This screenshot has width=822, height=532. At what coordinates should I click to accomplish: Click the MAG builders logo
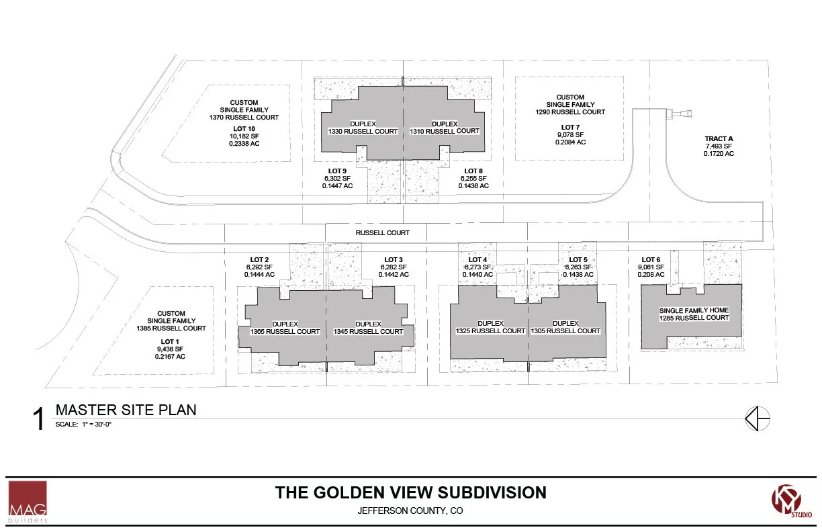click(28, 502)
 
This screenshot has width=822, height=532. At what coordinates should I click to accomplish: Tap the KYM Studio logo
click(791, 501)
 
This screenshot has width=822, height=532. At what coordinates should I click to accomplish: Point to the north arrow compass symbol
click(758, 418)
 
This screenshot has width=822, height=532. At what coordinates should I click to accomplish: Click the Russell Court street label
click(382, 233)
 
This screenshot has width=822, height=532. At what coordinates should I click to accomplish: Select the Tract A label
click(719, 139)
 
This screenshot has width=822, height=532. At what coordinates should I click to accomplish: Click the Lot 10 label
click(244, 129)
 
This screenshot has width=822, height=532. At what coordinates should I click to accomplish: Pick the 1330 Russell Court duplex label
click(363, 128)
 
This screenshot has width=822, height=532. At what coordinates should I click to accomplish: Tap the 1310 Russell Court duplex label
click(445, 128)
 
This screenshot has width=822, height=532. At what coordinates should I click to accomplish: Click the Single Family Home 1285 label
click(694, 314)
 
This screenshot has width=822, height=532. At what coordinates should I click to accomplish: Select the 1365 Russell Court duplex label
click(285, 328)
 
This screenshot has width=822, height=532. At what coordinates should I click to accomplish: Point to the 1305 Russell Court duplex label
click(565, 327)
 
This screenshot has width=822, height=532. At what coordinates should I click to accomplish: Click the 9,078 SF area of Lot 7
click(570, 135)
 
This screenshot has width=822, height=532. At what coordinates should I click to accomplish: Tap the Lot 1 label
click(170, 342)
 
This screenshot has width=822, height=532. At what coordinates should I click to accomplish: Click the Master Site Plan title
click(126, 410)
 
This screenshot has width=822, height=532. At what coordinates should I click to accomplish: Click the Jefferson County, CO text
click(410, 511)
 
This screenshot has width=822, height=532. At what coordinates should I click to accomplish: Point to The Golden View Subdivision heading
click(410, 493)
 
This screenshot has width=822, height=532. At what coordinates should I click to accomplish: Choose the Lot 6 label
click(651, 260)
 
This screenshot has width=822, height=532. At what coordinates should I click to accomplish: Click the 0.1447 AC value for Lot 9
click(337, 186)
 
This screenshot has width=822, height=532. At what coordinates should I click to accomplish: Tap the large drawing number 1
click(38, 418)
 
